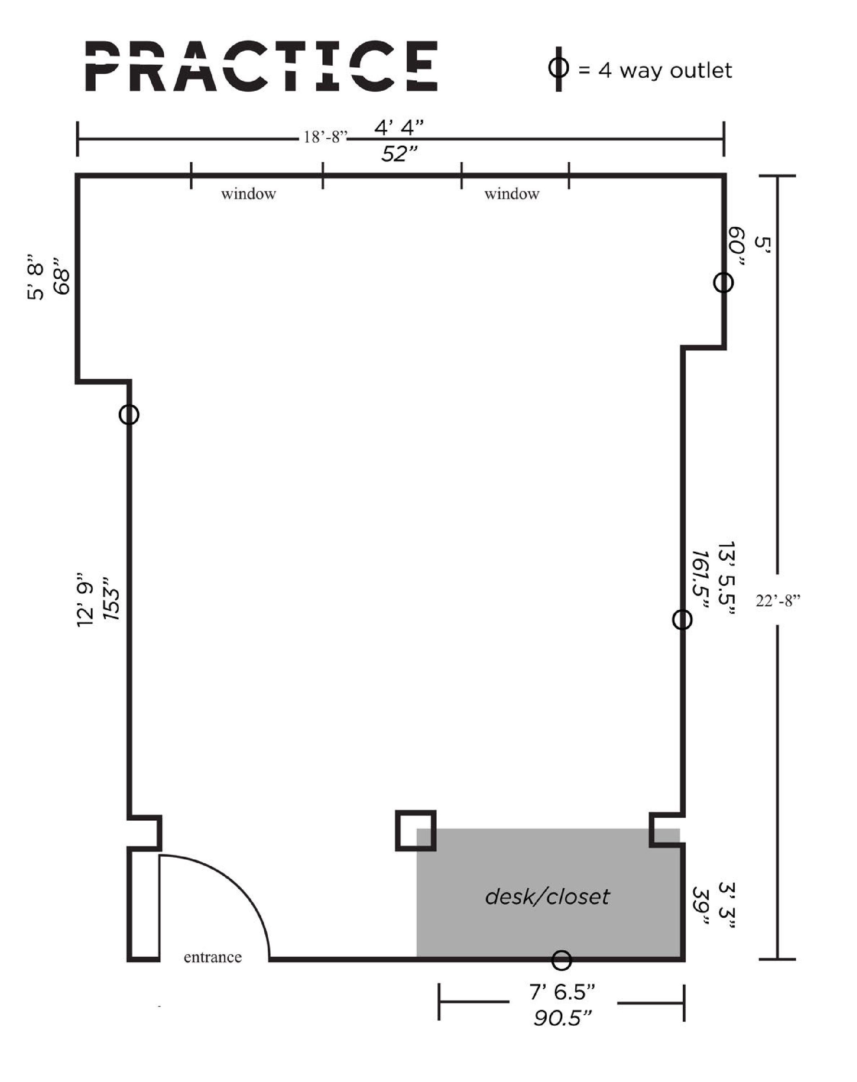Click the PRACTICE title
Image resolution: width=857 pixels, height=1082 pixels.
[261, 66]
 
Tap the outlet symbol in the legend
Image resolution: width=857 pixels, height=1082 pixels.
[558, 69]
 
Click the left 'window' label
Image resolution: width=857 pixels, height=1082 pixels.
[248, 194]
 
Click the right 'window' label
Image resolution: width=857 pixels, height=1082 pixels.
[512, 194]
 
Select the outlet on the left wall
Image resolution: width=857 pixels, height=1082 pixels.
[129, 415]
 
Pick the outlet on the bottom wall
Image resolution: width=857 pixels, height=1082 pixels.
[561, 960]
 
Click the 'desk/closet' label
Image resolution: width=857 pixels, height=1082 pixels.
[547, 896]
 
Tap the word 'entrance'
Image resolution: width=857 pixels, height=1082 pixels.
[212, 957]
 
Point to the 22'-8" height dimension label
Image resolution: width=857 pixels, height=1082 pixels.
[778, 600]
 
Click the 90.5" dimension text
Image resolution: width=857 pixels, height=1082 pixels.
[563, 1018]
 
